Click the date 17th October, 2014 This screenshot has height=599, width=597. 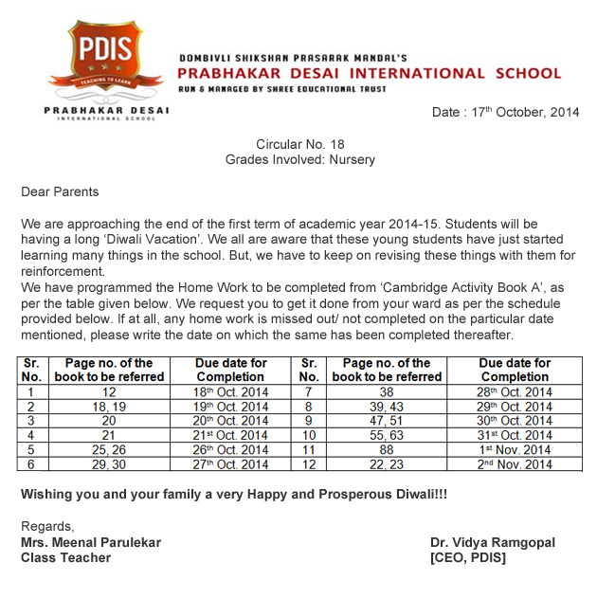[505, 112]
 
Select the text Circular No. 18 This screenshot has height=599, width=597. [299, 144]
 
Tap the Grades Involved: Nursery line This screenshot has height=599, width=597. [299, 159]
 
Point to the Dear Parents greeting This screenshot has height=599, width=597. [60, 191]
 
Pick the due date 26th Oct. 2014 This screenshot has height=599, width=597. [231, 449]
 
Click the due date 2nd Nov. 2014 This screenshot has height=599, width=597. [515, 464]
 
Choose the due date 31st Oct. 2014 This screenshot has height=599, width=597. [515, 435]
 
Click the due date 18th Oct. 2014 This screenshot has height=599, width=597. [231, 391]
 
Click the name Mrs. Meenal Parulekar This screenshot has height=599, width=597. [91, 542]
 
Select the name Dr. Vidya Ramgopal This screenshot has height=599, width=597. [493, 542]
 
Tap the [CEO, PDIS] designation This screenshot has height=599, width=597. [468, 557]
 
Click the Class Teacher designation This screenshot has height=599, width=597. [65, 557]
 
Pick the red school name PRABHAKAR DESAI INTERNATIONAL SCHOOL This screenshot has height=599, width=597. [370, 73]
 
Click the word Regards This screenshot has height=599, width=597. [47, 527]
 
